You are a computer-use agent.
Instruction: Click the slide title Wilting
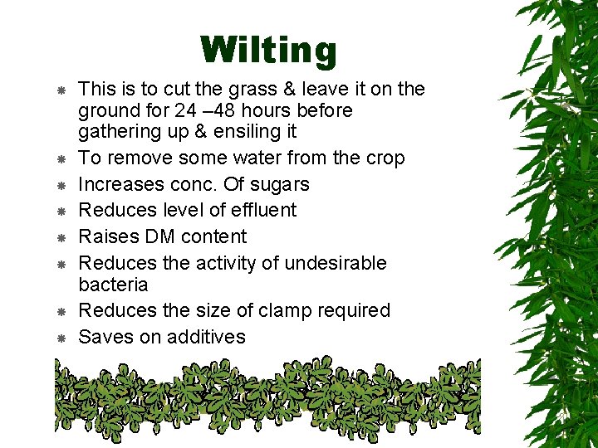click(268, 50)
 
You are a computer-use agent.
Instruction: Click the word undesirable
click(336, 264)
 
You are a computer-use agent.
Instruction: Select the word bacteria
click(113, 285)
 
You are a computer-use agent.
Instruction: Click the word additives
click(206, 337)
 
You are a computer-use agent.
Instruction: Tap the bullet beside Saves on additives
click(61, 338)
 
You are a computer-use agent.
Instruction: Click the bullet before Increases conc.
click(61, 185)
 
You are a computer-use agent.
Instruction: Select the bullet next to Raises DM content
click(61, 237)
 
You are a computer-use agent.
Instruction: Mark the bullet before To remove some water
click(61, 158)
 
